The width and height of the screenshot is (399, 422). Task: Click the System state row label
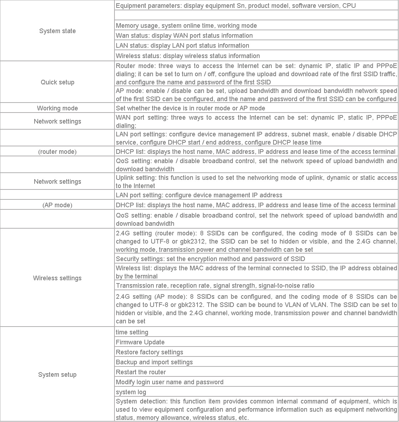[57, 31]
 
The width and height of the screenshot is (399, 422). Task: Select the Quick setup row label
[57, 82]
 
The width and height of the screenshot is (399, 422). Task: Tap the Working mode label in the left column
[57, 108]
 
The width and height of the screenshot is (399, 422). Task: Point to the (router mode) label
[57, 152]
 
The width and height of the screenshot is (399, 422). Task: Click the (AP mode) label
[57, 205]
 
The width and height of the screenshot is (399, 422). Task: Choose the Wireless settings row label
[57, 278]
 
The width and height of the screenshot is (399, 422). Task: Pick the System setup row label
[57, 375]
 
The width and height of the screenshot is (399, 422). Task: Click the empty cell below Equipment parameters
[256, 15]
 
